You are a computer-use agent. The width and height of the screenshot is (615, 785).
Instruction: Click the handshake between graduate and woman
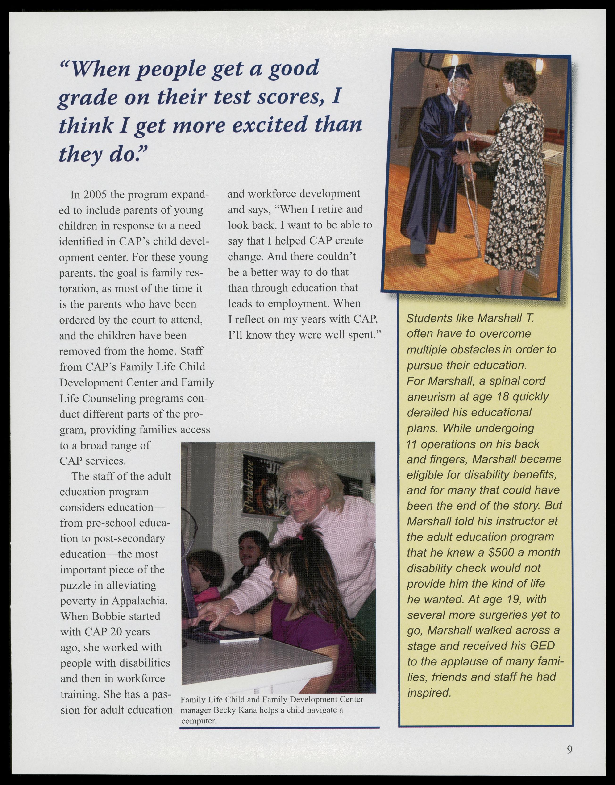point(469,136)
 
